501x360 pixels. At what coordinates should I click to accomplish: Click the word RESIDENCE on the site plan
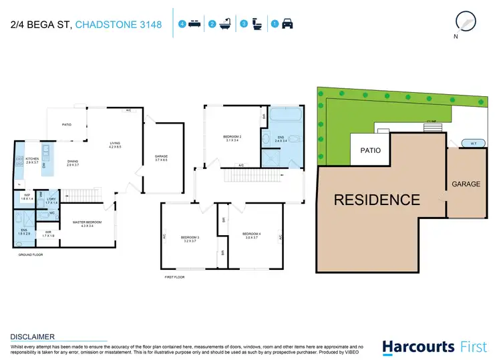[x=377, y=199]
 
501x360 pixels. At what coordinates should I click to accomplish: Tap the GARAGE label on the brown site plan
[x=466, y=184]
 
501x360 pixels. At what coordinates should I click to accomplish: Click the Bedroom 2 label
[x=232, y=138]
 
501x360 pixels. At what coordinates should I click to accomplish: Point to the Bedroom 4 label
[x=252, y=234]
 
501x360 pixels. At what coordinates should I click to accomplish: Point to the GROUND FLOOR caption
[x=29, y=254]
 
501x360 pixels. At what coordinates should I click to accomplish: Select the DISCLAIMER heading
[x=33, y=337]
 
